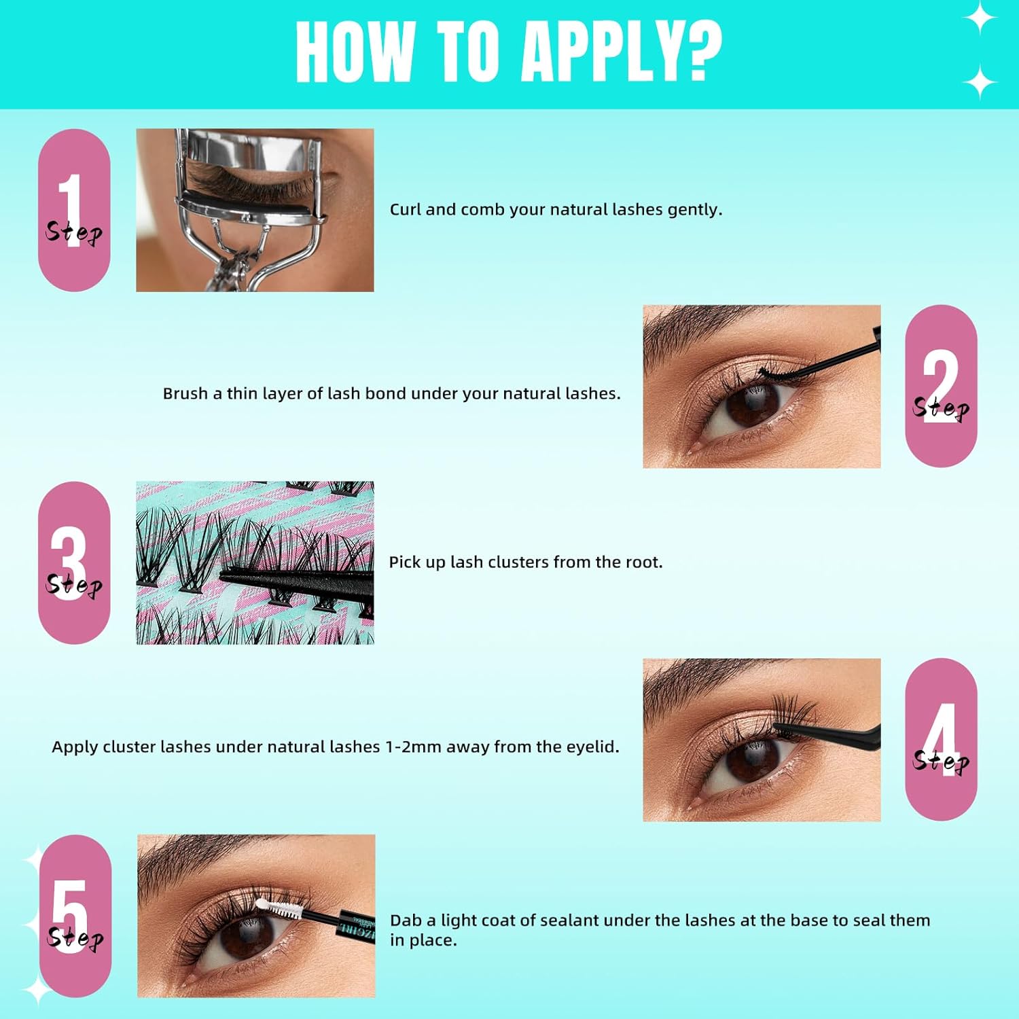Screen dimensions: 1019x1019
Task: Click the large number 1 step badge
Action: coord(74,210)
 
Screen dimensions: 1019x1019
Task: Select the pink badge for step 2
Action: coord(941,386)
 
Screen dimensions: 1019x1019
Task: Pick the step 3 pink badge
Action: coord(74,562)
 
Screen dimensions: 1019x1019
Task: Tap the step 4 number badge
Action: coord(941,739)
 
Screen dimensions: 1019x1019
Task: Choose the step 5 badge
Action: coord(75,916)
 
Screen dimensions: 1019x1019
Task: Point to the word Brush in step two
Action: coord(185,393)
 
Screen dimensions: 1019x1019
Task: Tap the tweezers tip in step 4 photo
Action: coord(788,731)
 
